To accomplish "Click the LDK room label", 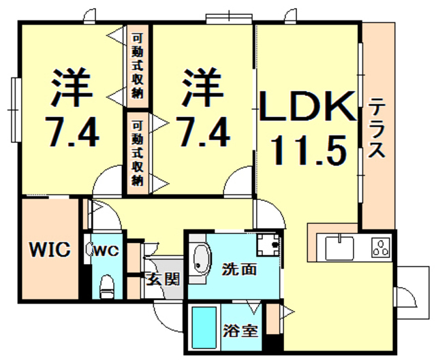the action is (307, 106).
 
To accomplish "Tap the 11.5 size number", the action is (309, 150).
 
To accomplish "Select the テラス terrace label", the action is (377, 128).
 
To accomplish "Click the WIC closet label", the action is (50, 249).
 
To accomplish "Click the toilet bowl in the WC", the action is (107, 286).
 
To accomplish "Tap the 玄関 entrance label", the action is (163, 278).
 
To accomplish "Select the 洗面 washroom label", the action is (239, 269).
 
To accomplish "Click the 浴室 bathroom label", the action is (240, 331).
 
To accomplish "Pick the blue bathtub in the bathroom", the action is (204, 327).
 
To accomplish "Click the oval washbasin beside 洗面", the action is (202, 259).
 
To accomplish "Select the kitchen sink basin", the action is (339, 248).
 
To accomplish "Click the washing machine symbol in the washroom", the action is (268, 245).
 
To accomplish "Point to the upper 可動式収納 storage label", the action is (137, 66).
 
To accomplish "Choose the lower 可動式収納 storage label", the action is (138, 153).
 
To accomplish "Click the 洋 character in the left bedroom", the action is (71, 86).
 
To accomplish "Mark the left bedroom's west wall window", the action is (16, 110).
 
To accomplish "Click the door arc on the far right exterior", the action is (407, 297).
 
